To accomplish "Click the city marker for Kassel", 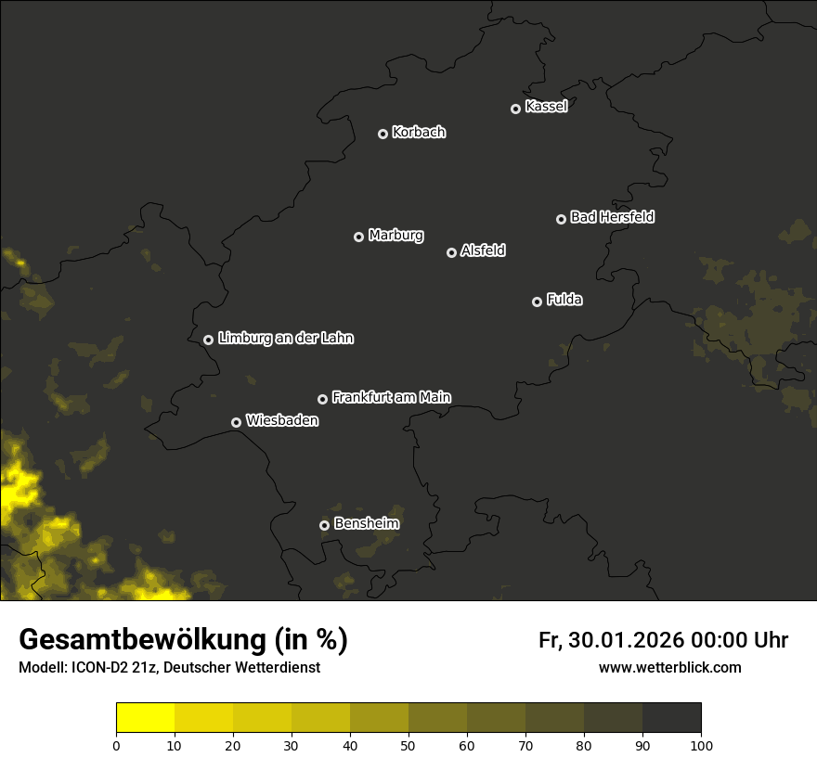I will [x=515, y=109].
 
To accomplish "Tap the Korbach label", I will [x=419, y=132].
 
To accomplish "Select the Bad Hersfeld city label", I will [x=612, y=217].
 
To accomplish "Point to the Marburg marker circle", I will [x=358, y=237].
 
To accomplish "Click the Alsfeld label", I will [x=483, y=250].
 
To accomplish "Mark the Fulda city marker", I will [x=537, y=302].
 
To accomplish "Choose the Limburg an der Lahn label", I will [x=285, y=338].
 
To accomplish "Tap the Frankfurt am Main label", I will [x=391, y=397].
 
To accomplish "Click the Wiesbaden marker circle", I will [x=236, y=422].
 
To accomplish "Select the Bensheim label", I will [x=366, y=523].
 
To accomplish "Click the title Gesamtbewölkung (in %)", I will [x=183, y=640].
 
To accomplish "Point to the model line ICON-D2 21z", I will [x=169, y=668].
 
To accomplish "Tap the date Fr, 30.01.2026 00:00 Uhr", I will [x=663, y=640].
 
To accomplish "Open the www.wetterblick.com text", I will [x=669, y=668].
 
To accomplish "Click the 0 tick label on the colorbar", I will [x=116, y=744].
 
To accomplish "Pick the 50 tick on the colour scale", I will [x=408, y=744].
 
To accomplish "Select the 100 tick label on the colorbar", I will [x=701, y=744].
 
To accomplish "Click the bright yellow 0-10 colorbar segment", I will [x=145, y=718].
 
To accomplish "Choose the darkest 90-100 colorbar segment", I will [x=671, y=718].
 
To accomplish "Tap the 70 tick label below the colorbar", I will [x=525, y=744].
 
